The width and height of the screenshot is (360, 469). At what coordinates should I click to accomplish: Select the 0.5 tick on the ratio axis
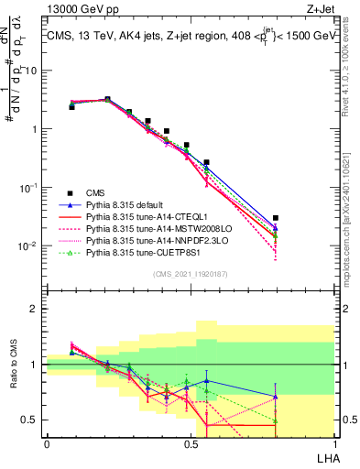click(x=33, y=420)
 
